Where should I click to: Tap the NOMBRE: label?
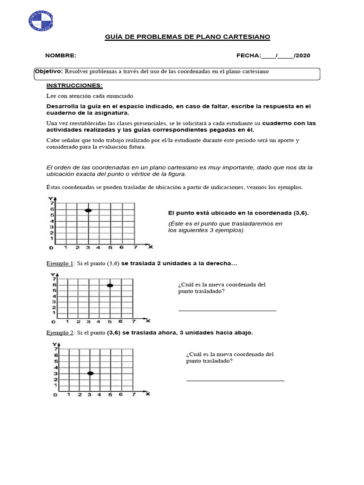(61, 55)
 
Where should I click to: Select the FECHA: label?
(248, 55)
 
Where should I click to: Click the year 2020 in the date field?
(303, 55)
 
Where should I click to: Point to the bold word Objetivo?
(49, 71)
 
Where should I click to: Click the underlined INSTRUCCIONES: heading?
(74, 85)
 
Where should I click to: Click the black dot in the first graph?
(88, 210)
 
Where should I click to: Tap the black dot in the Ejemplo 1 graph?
(110, 286)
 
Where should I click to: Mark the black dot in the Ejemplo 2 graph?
(90, 373)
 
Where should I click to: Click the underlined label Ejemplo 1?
(60, 263)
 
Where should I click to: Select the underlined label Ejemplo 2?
(60, 332)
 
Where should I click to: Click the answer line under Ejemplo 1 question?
(227, 310)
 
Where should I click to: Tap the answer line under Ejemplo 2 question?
(235, 380)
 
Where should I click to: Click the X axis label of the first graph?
(151, 247)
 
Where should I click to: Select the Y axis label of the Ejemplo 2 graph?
(55, 344)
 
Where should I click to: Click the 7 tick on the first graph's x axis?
(135, 247)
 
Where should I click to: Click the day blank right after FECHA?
(268, 56)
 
